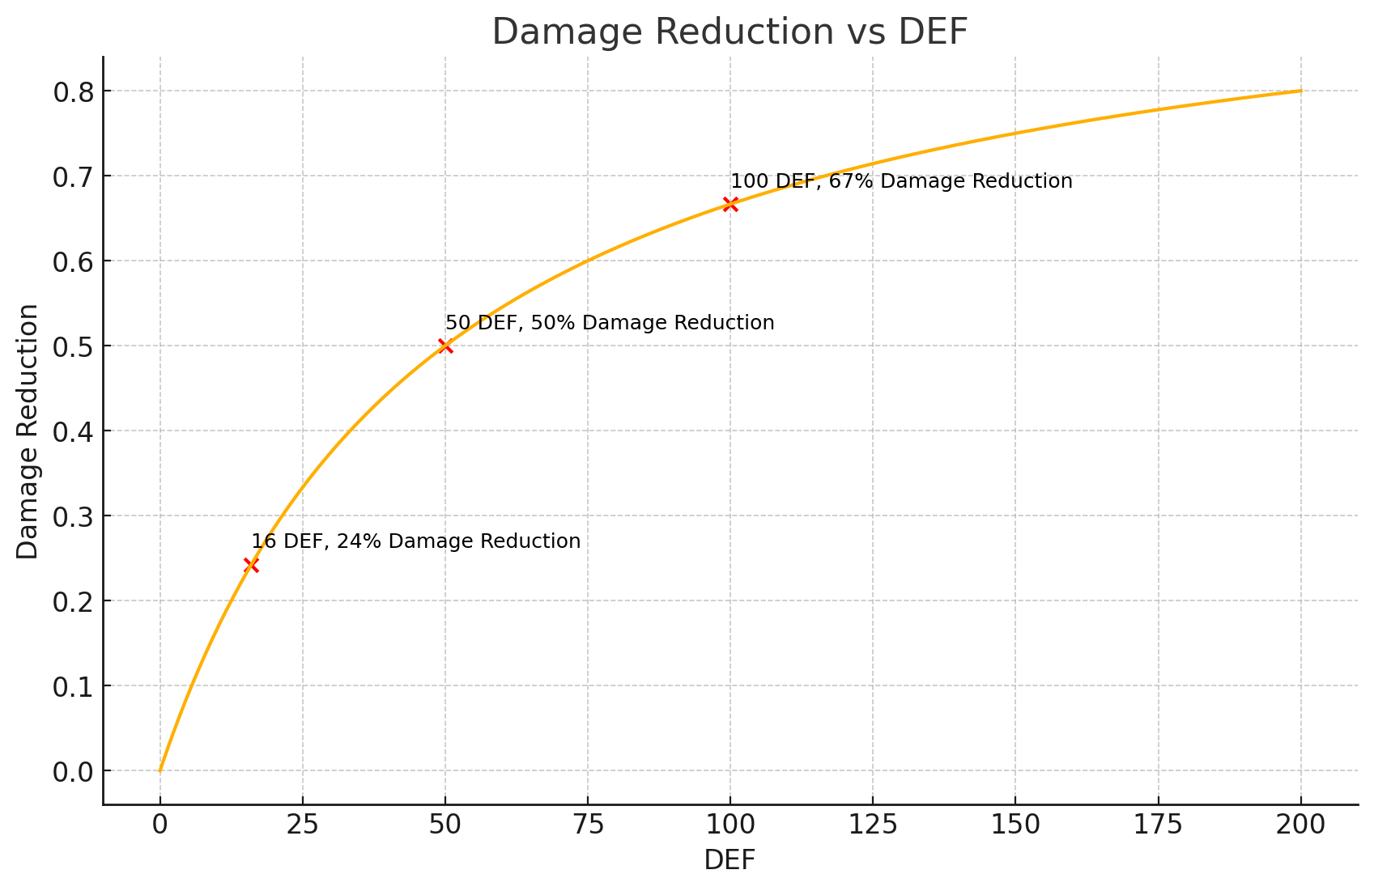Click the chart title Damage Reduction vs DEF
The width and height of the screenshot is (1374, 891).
[730, 32]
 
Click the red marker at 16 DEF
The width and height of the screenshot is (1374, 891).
[251, 565]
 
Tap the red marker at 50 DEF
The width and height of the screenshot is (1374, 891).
[445, 346]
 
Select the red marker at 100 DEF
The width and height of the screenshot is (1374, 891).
[730, 204]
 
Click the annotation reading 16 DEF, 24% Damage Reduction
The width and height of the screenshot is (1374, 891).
[415, 541]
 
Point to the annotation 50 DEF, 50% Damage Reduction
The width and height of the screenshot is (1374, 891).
[610, 323]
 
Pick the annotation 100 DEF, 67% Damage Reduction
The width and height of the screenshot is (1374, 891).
[901, 181]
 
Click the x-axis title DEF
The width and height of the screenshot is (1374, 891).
[730, 860]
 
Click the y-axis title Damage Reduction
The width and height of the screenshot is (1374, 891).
[28, 431]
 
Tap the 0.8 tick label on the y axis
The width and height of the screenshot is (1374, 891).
[74, 92]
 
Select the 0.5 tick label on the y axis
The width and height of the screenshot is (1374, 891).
[74, 346]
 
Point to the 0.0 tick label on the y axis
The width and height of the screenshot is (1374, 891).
[74, 771]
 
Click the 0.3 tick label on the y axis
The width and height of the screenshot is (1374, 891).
[74, 516]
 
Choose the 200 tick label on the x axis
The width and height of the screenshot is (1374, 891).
[1300, 825]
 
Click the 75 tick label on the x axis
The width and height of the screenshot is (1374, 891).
[588, 825]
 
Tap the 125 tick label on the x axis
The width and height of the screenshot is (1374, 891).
[873, 825]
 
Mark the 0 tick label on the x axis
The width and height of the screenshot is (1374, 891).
[160, 825]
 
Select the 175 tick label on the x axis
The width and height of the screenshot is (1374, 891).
[1158, 825]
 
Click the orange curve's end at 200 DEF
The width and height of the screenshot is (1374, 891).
[1300, 91]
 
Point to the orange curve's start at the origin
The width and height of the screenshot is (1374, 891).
[160, 770]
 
